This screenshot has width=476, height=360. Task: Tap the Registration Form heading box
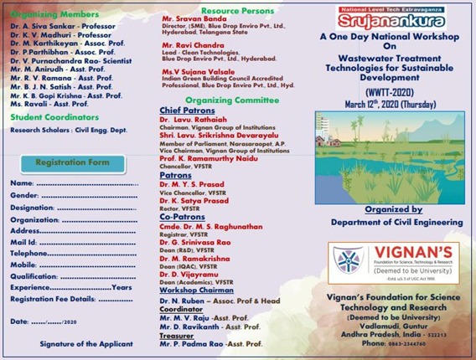[75, 162]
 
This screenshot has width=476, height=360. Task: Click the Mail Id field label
[24, 241]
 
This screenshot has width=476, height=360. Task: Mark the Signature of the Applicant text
[85, 344]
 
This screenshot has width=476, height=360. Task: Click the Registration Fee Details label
[52, 298]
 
